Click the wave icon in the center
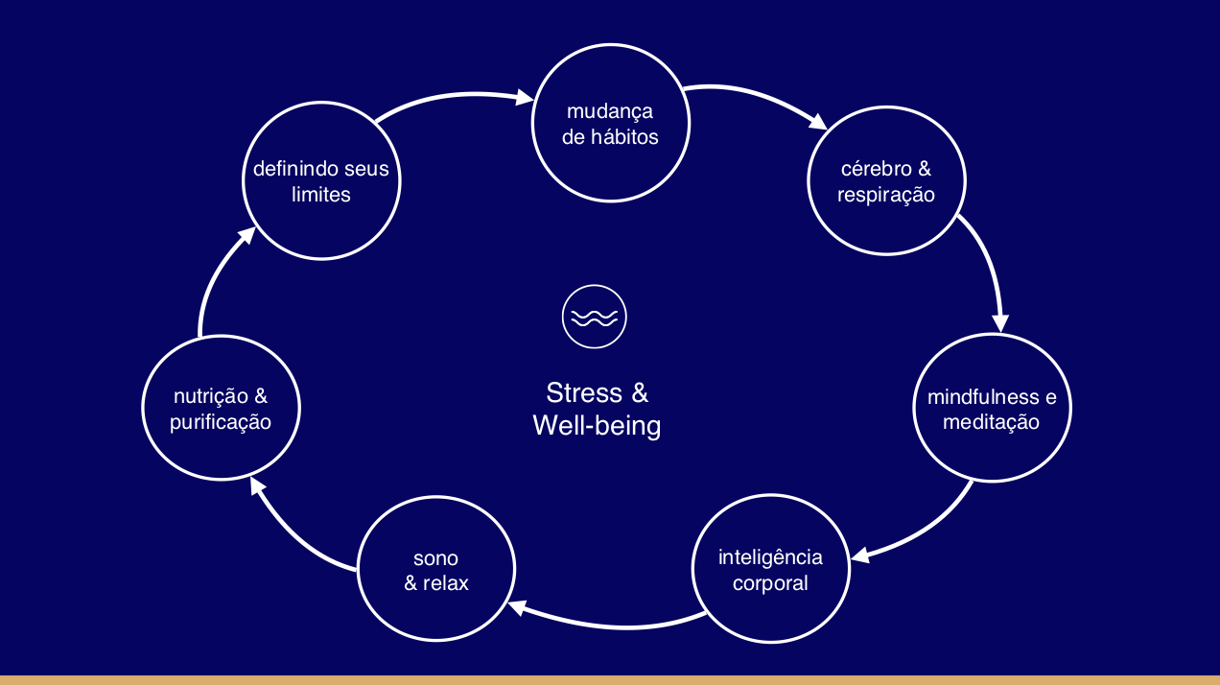[595, 317]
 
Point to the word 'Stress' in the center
[584, 393]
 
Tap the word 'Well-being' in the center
[597, 426]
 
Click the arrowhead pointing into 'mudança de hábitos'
[524, 98]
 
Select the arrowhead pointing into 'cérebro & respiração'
[818, 122]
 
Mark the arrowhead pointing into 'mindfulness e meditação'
[1000, 323]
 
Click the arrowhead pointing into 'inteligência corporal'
[860, 555]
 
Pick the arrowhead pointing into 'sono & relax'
[517, 607]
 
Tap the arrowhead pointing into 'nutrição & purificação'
[258, 486]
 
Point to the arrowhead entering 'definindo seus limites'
[247, 235]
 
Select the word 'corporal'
[770, 583]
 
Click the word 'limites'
[320, 195]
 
